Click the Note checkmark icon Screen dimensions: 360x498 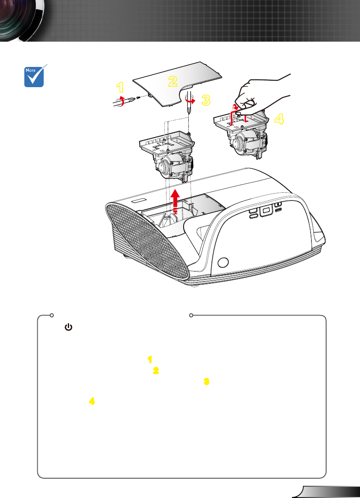coord(34,76)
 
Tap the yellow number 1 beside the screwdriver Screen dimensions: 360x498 coord(120,87)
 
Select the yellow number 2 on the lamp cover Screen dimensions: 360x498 coord(172,81)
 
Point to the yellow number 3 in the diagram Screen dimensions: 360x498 coord(206,100)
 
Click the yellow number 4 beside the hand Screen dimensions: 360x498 coord(279,119)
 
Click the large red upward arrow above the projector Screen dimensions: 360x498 coord(175,201)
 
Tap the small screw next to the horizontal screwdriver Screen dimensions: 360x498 coord(138,97)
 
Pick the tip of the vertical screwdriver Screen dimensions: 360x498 coord(189,113)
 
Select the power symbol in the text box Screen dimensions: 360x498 coord(68,327)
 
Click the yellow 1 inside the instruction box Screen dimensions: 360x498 coord(150,359)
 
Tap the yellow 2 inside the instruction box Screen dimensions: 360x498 coord(156,370)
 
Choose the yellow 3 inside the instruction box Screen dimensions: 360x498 coord(206,381)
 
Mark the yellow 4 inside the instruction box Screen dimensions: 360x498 coord(92,401)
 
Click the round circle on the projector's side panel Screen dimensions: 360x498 coord(223,262)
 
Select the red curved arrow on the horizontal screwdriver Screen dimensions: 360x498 coord(120,100)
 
